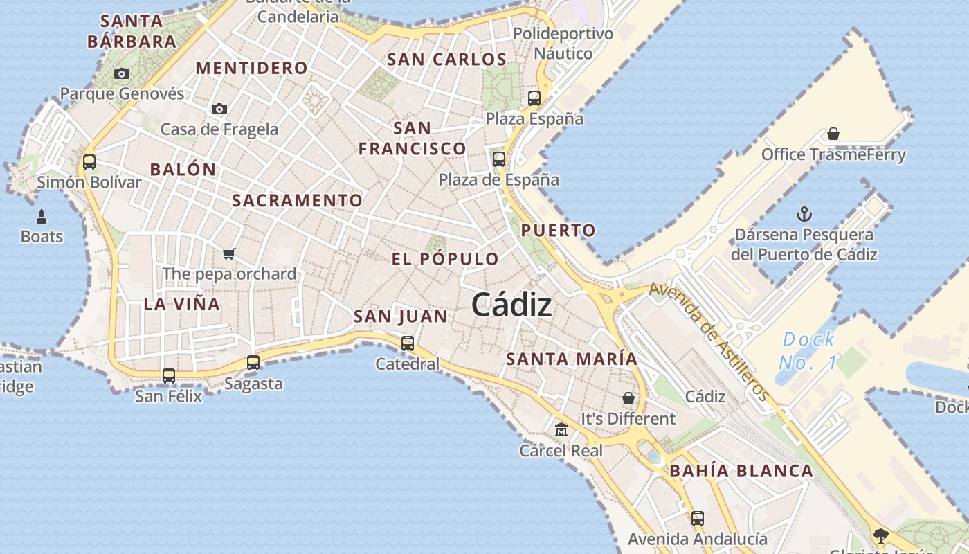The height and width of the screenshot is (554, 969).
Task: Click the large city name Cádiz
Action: tap(511, 305)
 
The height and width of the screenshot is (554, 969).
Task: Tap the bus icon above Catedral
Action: tap(408, 343)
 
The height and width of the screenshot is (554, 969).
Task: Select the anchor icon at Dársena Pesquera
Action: tap(804, 214)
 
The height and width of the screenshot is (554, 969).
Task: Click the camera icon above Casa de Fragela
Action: tap(219, 109)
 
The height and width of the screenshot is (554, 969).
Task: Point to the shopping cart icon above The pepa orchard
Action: tap(229, 253)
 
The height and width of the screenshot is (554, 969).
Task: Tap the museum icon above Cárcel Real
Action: tap(561, 430)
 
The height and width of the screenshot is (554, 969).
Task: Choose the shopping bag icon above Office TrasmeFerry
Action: tap(833, 134)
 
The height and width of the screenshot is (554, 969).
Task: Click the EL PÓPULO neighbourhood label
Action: tap(445, 260)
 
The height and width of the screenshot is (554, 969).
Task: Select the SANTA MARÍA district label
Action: tap(571, 359)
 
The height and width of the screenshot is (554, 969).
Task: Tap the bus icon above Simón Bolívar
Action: tap(89, 162)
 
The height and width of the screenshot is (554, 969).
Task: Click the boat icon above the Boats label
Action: tap(42, 216)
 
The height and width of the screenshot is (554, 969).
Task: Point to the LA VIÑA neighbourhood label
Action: tap(182, 304)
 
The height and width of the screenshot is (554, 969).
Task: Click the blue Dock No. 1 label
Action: tap(808, 351)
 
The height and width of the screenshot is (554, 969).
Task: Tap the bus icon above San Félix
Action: tap(169, 376)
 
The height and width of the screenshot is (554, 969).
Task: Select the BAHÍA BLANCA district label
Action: tap(741, 472)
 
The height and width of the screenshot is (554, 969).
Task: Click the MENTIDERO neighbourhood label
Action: tap(252, 68)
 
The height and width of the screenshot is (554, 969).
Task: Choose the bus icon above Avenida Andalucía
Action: tap(698, 519)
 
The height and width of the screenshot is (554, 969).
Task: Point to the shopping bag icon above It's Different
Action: tap(628, 398)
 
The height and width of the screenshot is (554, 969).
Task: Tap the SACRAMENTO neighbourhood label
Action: tap(297, 201)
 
